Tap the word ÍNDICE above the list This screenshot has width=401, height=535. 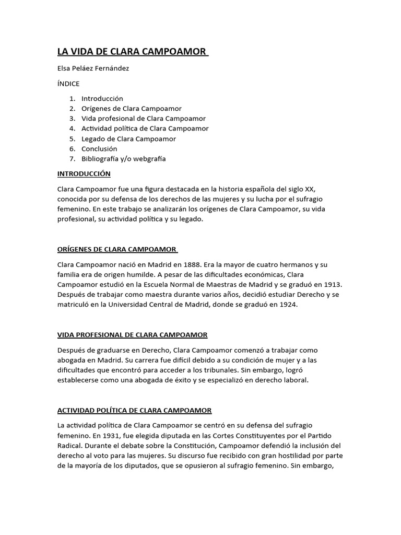[x=69, y=83]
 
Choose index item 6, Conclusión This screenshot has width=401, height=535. [x=99, y=148]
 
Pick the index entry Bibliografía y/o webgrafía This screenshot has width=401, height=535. [x=124, y=158]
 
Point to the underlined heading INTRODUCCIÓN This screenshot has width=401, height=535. [x=84, y=173]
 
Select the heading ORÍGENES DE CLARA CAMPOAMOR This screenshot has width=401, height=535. [x=116, y=249]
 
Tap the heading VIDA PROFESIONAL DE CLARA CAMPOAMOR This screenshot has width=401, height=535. [x=132, y=334]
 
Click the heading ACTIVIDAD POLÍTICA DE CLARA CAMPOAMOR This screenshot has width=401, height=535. [x=134, y=411]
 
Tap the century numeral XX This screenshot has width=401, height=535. [x=310, y=188]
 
